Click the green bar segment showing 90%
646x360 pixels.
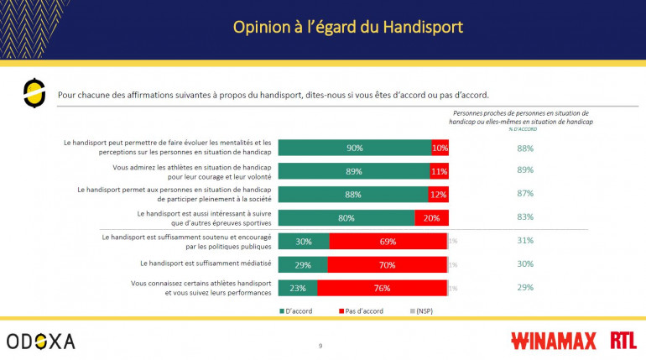click(354, 149)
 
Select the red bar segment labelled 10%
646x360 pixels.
click(440, 149)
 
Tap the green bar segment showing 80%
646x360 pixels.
click(346, 218)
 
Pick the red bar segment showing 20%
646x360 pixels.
click(431, 218)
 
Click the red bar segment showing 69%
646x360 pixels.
click(388, 242)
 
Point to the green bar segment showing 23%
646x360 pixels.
click(298, 288)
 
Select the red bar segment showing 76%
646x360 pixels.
click(382, 288)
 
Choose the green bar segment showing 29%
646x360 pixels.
click(303, 264)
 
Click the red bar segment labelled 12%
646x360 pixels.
click(439, 195)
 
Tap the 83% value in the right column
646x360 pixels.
click(525, 217)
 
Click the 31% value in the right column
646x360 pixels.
click(525, 241)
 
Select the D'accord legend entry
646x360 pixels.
click(298, 311)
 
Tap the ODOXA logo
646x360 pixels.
click(40, 341)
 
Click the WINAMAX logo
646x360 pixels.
click(554, 341)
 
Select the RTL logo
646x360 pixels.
click(623, 341)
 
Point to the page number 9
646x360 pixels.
click(320, 346)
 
